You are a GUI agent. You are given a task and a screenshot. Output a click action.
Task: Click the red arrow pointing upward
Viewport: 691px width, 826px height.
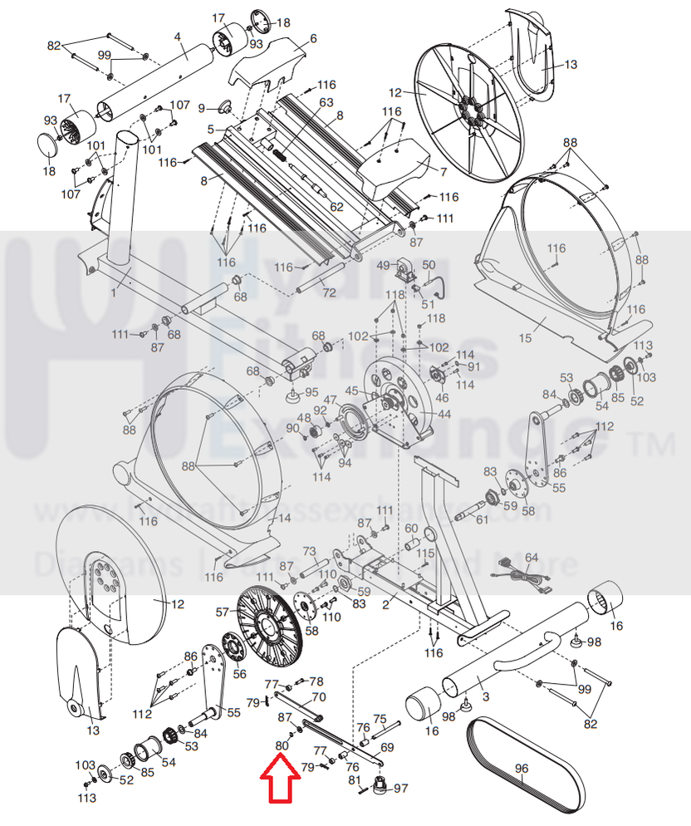coord(279,784)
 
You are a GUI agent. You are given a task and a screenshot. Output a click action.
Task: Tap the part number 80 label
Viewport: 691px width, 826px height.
coord(282,745)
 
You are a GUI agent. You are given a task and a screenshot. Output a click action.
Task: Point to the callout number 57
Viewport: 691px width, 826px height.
coord(222,612)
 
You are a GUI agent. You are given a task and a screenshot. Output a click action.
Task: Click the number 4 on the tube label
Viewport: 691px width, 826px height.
coord(177,37)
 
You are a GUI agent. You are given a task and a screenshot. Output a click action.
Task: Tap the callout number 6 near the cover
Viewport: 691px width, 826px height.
coord(313,38)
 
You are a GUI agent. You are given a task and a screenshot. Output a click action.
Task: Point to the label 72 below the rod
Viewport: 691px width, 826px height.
coord(328,293)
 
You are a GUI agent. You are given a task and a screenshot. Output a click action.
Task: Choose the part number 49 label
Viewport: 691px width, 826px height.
coord(384,265)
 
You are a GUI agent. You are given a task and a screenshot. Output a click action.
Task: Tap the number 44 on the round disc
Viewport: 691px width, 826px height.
coord(444,414)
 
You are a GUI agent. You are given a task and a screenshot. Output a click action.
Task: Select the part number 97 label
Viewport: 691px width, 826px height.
coord(402,789)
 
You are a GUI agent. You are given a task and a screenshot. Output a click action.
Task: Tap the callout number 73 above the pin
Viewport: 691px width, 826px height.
coord(309,551)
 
